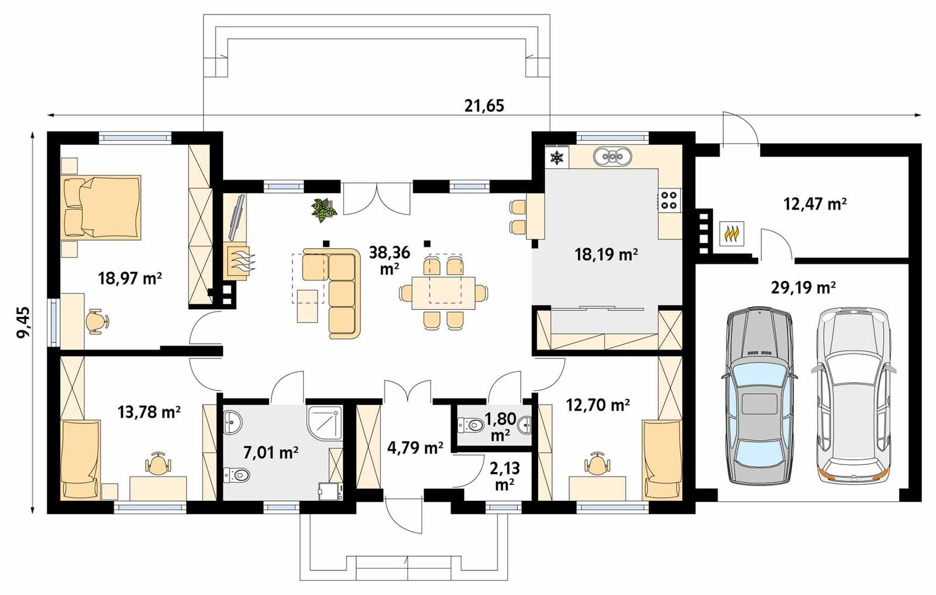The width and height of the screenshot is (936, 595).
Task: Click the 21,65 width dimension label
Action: tap(484, 105)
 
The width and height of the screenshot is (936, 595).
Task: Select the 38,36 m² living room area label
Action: tap(390, 259)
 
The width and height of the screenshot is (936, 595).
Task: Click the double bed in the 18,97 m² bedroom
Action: tap(101, 207)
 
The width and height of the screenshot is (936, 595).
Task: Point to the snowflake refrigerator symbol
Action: tap(556, 157)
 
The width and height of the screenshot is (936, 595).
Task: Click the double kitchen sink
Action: tap(612, 156)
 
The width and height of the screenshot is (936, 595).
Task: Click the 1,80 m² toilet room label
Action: tap(501, 426)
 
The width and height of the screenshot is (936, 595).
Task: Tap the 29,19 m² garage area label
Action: tap(810, 288)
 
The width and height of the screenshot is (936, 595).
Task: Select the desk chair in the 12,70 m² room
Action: tap(597, 464)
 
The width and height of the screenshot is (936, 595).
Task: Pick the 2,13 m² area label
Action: tap(504, 476)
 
